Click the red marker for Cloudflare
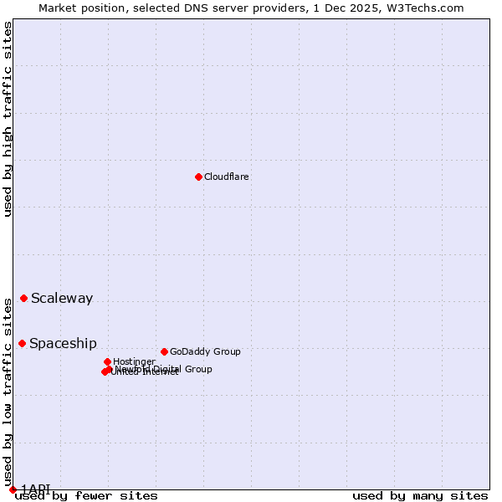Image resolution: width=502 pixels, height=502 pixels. [x=198, y=177]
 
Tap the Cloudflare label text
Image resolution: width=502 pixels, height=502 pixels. [x=227, y=177]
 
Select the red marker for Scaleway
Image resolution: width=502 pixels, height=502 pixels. [x=24, y=298]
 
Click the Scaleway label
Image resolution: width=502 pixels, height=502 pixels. [x=62, y=299]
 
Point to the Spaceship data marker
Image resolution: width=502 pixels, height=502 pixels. [x=23, y=343]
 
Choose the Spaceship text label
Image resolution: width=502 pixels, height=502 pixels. [x=63, y=343]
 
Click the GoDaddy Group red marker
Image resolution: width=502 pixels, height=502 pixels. [x=164, y=351]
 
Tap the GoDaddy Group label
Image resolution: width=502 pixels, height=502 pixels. [x=205, y=351]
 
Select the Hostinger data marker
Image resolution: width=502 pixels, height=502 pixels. [x=107, y=361]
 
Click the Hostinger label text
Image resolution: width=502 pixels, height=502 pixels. [x=134, y=361]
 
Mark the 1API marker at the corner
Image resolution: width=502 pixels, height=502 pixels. [x=13, y=489]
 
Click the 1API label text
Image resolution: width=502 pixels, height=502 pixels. [x=36, y=488]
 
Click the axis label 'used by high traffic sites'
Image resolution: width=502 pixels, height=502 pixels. [x=8, y=120]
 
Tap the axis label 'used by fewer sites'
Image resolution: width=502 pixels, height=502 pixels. [x=86, y=495]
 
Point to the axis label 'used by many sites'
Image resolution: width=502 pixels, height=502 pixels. [x=420, y=495]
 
